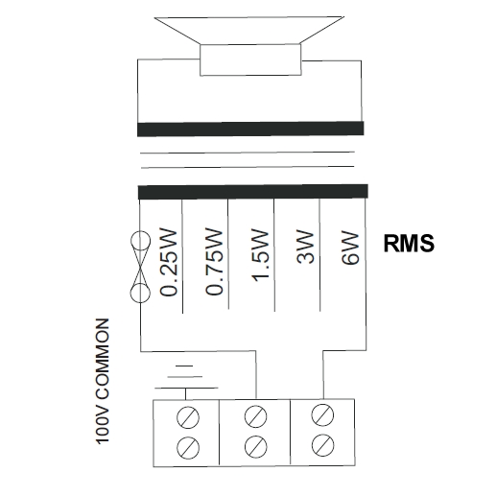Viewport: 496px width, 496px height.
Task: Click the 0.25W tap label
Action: [x=168, y=263]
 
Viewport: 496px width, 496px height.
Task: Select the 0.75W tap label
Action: [x=214, y=261]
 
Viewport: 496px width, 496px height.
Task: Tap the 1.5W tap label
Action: [x=259, y=255]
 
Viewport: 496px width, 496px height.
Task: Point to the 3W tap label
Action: [x=305, y=247]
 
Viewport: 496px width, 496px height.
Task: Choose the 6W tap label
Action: [x=350, y=248]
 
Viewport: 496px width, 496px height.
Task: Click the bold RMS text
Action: [x=409, y=244]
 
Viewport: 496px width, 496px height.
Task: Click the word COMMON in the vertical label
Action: [x=103, y=359]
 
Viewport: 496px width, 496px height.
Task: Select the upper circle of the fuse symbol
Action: [x=140, y=241]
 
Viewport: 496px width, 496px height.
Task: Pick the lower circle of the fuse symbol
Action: [x=140, y=293]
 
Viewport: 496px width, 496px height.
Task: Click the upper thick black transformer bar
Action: [x=250, y=129]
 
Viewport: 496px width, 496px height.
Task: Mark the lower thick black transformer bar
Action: [x=253, y=192]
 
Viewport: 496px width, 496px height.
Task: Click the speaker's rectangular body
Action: [x=250, y=59]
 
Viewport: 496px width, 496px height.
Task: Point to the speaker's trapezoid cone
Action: [x=249, y=30]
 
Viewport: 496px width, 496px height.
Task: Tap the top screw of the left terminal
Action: [x=188, y=417]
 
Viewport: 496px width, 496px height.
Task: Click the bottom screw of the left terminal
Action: [x=188, y=447]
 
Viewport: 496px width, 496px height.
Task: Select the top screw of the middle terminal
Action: [x=255, y=416]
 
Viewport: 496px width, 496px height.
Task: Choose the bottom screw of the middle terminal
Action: [x=256, y=446]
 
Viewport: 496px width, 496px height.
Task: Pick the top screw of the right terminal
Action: [x=323, y=415]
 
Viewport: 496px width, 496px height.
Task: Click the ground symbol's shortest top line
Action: [x=184, y=366]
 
